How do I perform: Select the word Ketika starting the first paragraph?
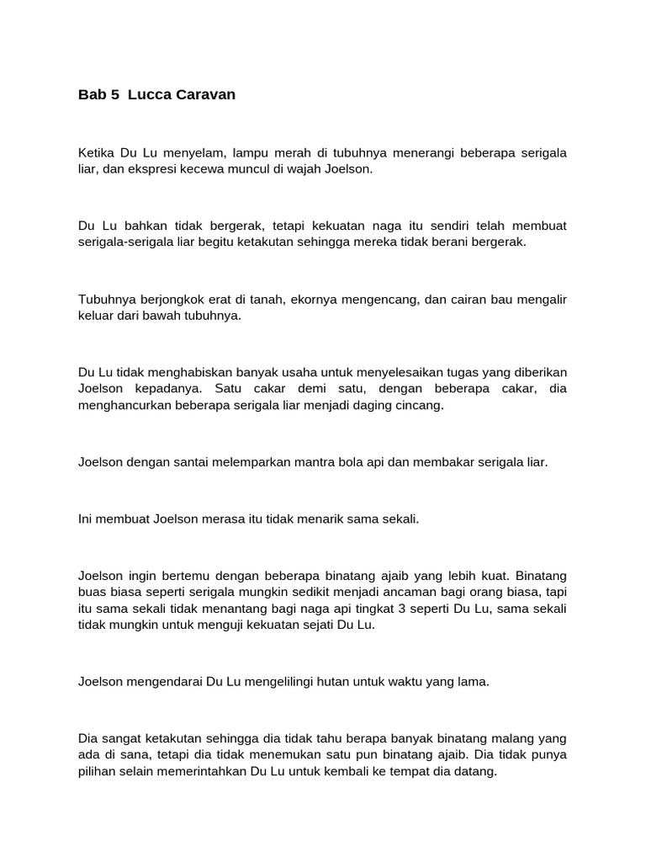tap(97, 153)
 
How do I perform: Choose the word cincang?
tap(420, 405)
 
